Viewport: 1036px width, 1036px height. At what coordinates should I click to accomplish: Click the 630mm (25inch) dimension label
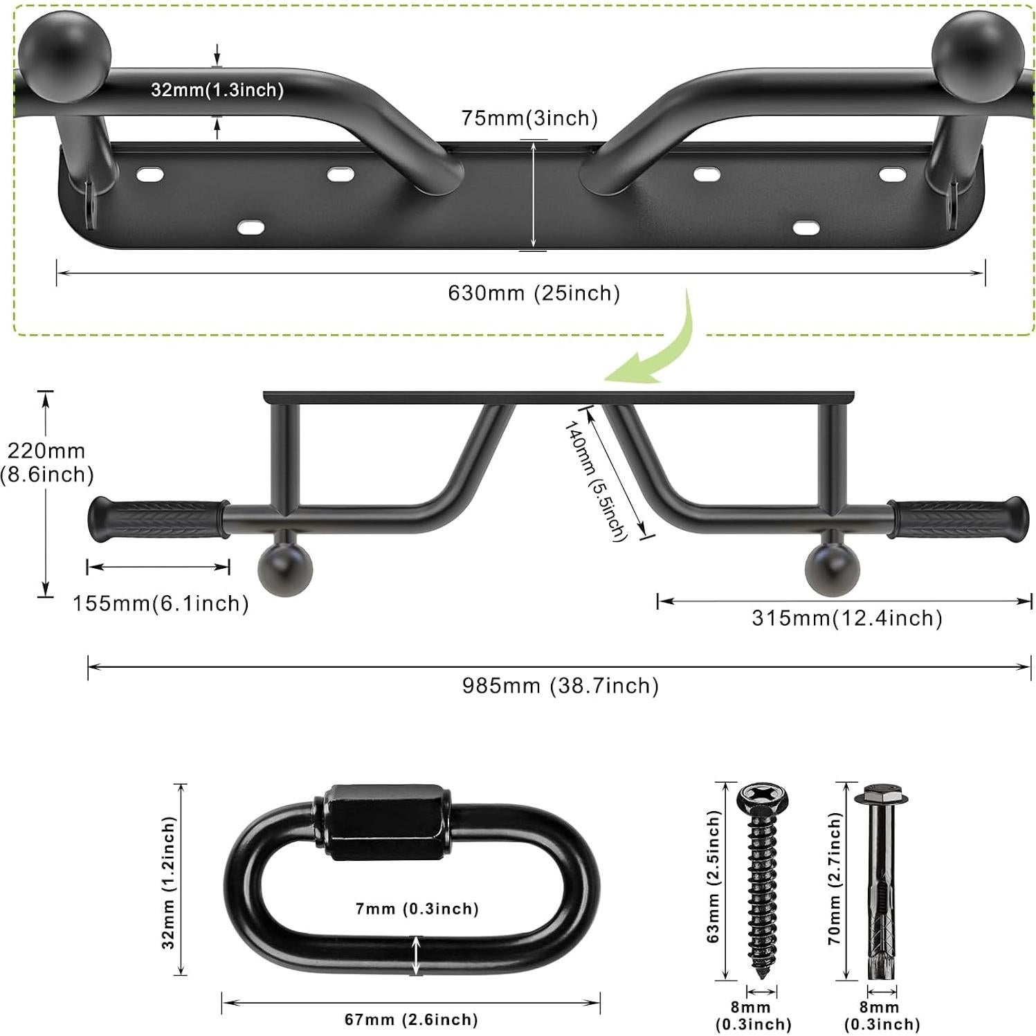(534, 293)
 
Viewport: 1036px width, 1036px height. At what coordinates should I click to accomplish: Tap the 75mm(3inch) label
(529, 118)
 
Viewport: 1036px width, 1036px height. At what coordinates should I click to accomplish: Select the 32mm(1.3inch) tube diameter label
(217, 90)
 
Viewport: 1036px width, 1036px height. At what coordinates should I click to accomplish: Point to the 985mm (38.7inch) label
(560, 686)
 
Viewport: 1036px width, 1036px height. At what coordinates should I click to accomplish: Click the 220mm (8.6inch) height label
(46, 462)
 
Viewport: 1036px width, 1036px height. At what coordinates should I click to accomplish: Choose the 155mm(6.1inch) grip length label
(161, 603)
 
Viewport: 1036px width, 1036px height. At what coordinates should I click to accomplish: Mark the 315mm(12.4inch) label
(846, 618)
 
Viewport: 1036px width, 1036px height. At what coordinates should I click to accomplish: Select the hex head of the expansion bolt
(881, 794)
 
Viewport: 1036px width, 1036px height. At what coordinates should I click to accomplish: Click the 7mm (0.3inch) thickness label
(417, 909)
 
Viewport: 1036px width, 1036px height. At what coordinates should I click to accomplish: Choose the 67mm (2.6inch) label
(411, 1019)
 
